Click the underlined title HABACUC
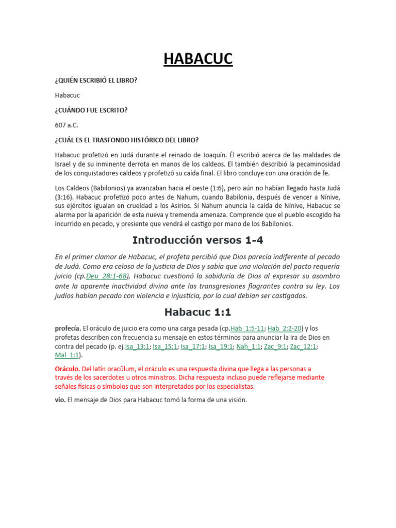click(x=198, y=59)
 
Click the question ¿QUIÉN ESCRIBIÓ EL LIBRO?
click(x=96, y=81)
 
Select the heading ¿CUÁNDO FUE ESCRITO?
click(x=91, y=110)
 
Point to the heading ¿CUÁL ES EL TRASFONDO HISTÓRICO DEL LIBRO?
click(x=127, y=140)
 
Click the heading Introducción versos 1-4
click(x=198, y=240)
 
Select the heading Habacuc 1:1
click(x=198, y=311)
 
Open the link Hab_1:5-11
click(x=247, y=328)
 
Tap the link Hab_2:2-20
click(x=286, y=328)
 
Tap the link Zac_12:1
click(x=303, y=346)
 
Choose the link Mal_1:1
click(x=67, y=355)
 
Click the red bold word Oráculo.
click(x=67, y=369)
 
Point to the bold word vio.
click(x=60, y=400)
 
